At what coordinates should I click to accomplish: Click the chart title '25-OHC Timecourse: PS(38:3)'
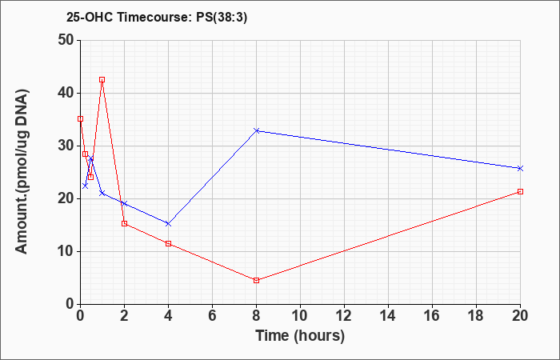pyautogui.click(x=157, y=18)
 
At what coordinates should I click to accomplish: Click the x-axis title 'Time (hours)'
pyautogui.click(x=300, y=336)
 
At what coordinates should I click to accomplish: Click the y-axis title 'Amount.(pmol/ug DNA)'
pyautogui.click(x=22, y=171)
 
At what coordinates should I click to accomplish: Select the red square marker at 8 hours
pyautogui.click(x=257, y=280)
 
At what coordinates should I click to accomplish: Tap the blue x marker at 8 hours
pyautogui.click(x=257, y=130)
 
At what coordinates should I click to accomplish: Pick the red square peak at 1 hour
pyautogui.click(x=102, y=80)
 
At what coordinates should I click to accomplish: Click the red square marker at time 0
pyautogui.click(x=80, y=119)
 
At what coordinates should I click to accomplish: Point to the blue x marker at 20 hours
pyautogui.click(x=520, y=168)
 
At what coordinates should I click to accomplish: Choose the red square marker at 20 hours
pyautogui.click(x=520, y=192)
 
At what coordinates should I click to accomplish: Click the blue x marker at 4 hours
pyautogui.click(x=168, y=224)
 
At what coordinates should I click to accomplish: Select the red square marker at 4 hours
pyautogui.click(x=168, y=243)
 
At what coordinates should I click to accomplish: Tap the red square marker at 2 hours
pyautogui.click(x=124, y=223)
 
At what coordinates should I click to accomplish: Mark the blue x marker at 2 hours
pyautogui.click(x=124, y=203)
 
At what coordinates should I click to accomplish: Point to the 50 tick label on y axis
pyautogui.click(x=66, y=40)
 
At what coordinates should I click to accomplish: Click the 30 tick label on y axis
pyautogui.click(x=66, y=146)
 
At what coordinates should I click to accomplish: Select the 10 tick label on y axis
pyautogui.click(x=66, y=251)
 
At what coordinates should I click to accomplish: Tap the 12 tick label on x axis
pyautogui.click(x=344, y=316)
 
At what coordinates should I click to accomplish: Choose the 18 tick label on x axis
pyautogui.click(x=476, y=316)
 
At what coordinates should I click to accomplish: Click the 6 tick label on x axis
pyautogui.click(x=212, y=316)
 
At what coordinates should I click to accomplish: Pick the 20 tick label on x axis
pyautogui.click(x=520, y=316)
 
